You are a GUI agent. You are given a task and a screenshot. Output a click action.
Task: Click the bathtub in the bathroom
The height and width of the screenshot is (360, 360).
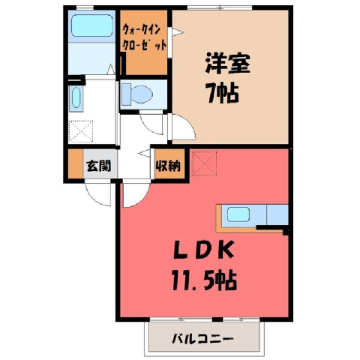pos(91,25)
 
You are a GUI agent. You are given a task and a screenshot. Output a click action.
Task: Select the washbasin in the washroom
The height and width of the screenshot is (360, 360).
pos(76,97)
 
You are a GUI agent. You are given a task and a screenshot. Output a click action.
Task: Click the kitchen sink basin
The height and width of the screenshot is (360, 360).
pos(238,214)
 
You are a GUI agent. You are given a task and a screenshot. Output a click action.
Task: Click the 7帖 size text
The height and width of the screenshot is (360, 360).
pos(222,92)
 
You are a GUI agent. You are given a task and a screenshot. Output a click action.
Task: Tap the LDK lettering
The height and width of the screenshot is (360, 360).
pos(204,250)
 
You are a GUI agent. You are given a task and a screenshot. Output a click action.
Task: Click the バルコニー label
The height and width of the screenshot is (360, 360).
pos(202,339)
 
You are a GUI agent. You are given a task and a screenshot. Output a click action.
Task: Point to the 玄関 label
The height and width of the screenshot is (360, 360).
pos(99,165)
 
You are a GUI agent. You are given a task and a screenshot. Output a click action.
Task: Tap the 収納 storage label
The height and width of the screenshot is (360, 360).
pos(168,165)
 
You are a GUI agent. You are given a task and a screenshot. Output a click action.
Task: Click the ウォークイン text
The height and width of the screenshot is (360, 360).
pos(141,31)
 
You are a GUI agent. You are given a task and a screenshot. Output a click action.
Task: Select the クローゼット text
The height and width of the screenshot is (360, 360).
pos(144,46)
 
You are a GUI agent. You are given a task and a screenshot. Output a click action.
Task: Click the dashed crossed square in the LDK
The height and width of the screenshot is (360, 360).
pos(205,163)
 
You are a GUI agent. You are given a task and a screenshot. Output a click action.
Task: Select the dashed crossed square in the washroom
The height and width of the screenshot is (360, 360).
pos(81,131)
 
